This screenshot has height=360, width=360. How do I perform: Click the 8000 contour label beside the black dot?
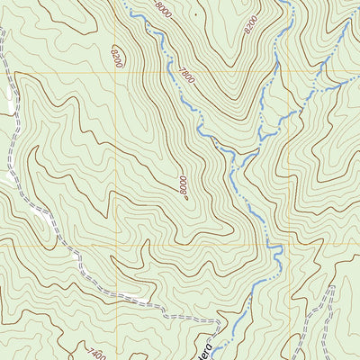(x=163, y=12)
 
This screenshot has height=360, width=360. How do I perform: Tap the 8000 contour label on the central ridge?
(x=183, y=186)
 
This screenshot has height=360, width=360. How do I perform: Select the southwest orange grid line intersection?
(x=118, y=244)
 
